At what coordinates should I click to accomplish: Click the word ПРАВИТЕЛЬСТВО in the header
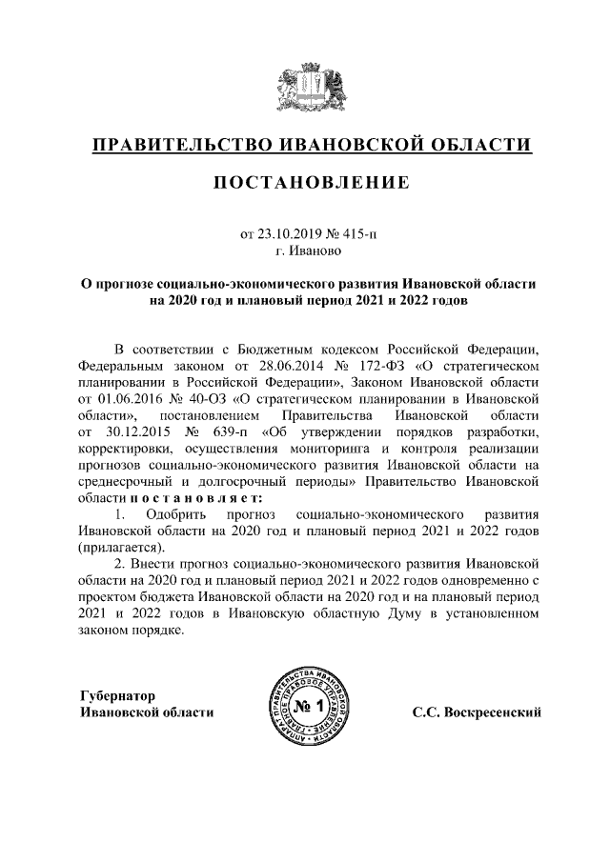click(175, 146)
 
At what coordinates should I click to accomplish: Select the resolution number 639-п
click(221, 431)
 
